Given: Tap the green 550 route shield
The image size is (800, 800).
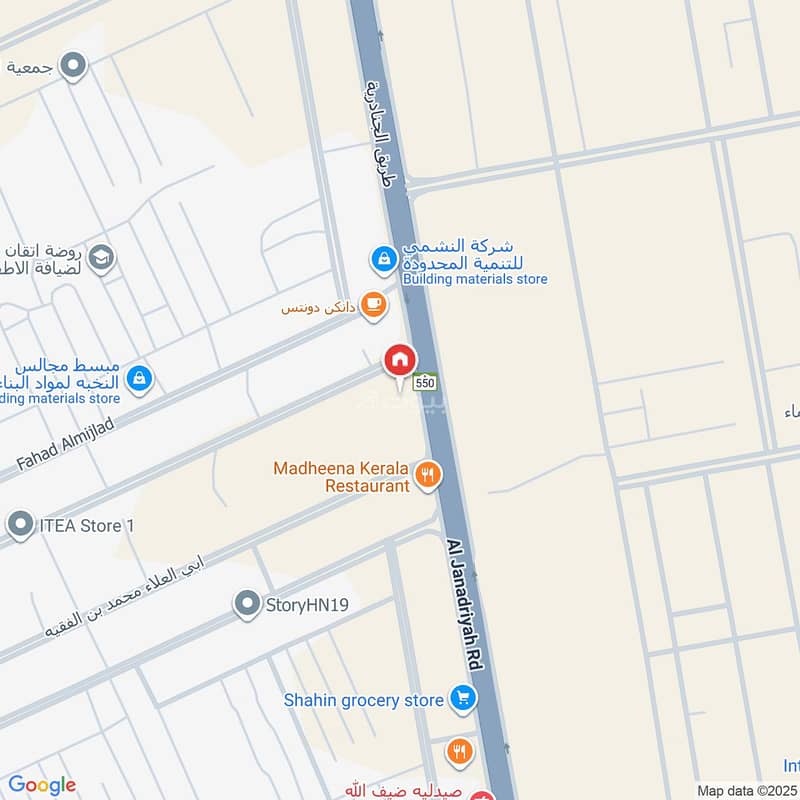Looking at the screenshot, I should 425,382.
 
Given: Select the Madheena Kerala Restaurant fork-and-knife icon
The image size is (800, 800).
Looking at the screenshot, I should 428,476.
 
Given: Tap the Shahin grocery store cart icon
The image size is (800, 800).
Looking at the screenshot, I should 461,699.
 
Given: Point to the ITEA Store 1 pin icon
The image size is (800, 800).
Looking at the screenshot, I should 20,523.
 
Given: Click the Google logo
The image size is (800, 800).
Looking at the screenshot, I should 42,785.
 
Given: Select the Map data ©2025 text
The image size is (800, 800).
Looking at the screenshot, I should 748,790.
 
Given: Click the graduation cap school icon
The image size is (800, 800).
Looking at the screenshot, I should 101,259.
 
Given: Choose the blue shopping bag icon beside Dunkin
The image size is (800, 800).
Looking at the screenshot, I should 383,260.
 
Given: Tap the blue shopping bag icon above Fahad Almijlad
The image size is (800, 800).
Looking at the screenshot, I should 140,377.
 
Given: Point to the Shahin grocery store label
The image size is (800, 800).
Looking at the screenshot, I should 363,700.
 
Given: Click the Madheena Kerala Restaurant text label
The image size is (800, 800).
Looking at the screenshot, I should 343,477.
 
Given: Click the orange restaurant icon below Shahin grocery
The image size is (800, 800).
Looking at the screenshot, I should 459,751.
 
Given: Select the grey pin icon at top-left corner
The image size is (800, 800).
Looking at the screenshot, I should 73,67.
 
